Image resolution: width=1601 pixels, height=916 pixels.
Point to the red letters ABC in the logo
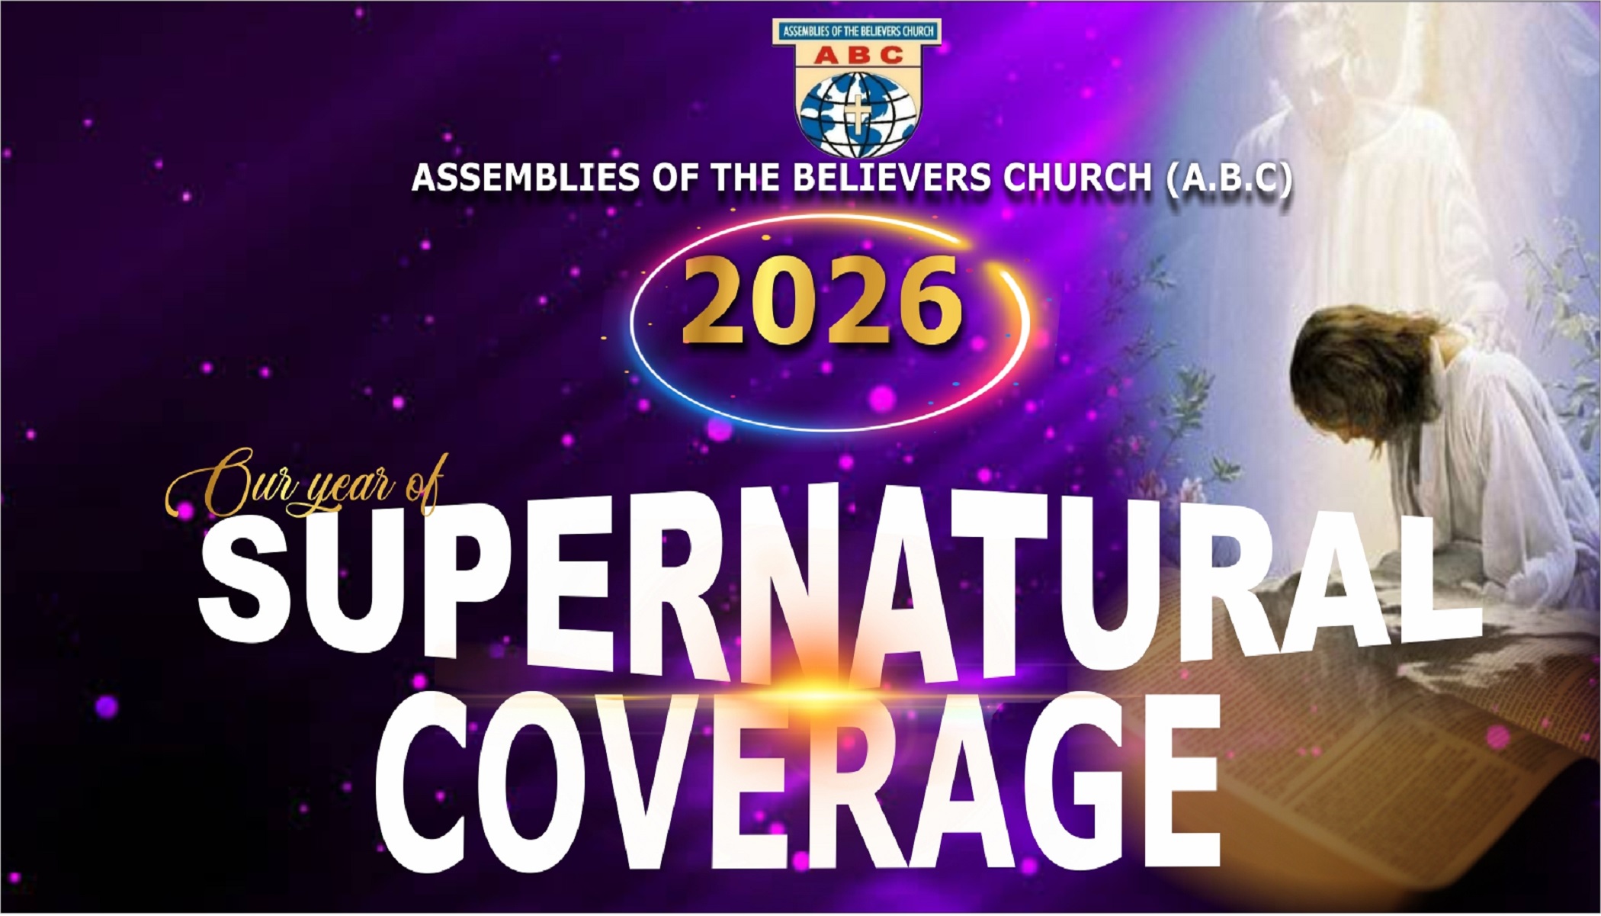point(857,55)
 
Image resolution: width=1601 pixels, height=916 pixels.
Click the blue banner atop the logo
point(857,31)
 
